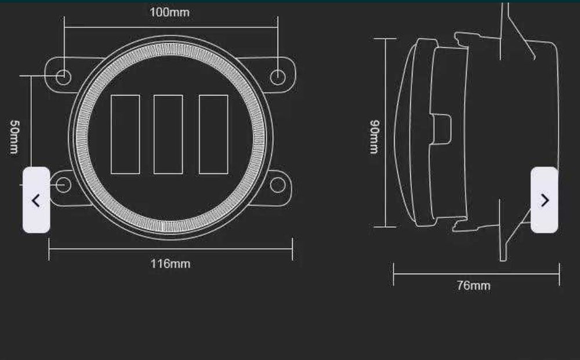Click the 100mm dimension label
pos(170,12)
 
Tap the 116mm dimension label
pos(170,264)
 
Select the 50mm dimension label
pos(14,137)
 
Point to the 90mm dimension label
pos(374,137)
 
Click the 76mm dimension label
pos(473,285)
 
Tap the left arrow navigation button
pos(36,200)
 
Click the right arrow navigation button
pos(545,200)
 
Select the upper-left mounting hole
pos(63,77)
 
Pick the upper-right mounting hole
pos(278,77)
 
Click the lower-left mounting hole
pos(63,185)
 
